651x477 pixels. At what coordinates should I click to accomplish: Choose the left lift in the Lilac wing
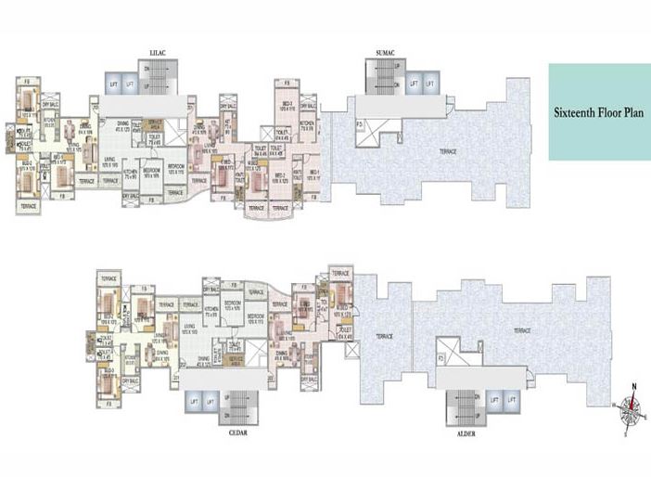[x=114, y=84]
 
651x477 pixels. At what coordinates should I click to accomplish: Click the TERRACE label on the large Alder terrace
[x=521, y=330]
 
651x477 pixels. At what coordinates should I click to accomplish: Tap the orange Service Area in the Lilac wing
[x=158, y=123]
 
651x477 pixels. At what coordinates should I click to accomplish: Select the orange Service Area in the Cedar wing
[x=236, y=357]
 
